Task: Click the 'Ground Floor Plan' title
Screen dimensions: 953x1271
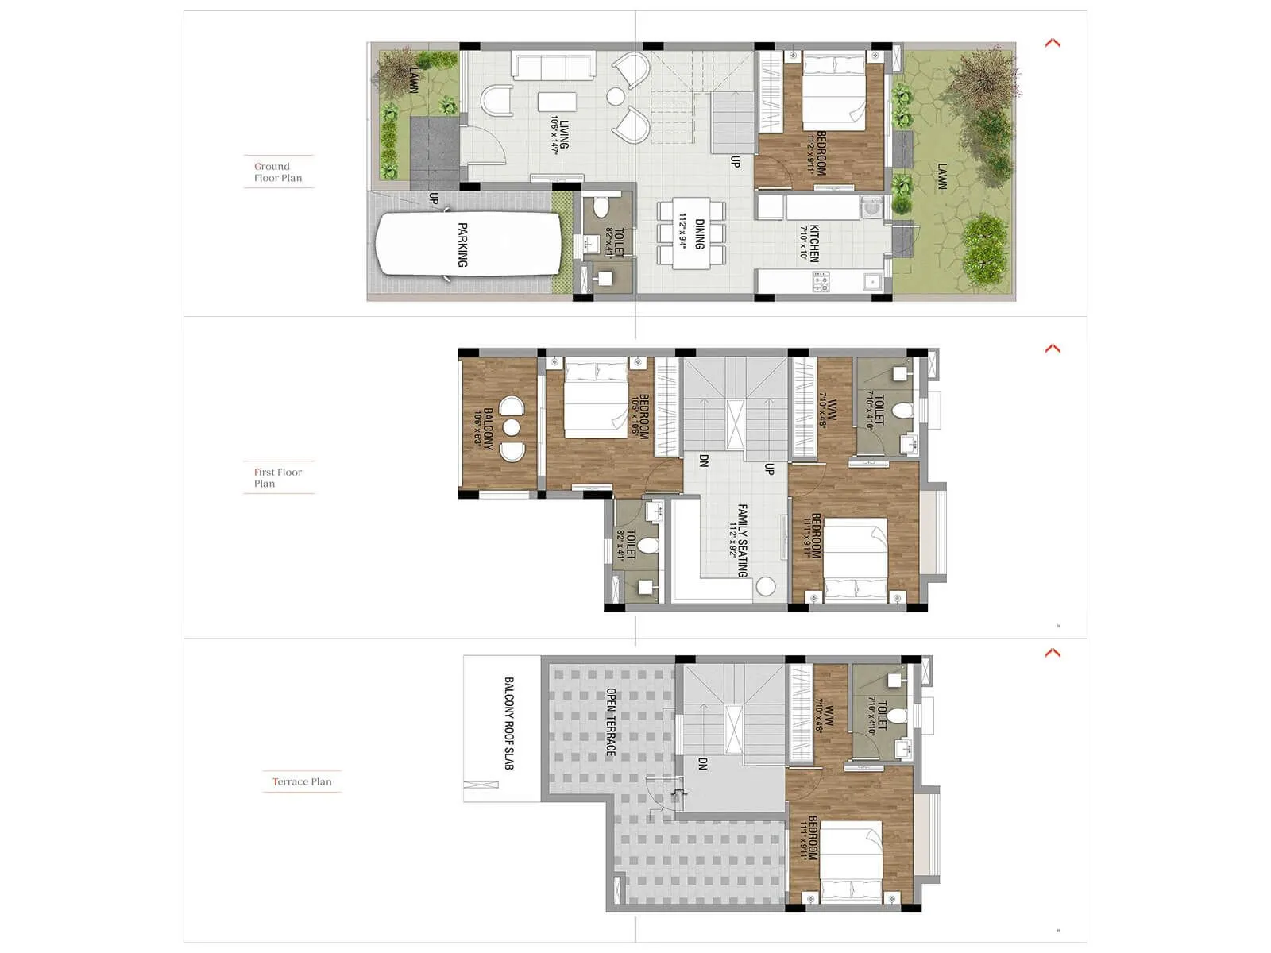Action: pyautogui.click(x=278, y=172)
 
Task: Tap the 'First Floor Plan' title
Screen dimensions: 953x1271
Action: pyautogui.click(x=277, y=477)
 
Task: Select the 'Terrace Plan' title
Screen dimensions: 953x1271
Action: pyautogui.click(x=302, y=781)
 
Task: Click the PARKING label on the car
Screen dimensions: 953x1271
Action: pyautogui.click(x=462, y=245)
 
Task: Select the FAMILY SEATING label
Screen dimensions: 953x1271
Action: pyautogui.click(x=743, y=540)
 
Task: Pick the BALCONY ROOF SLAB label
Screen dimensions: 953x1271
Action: pyautogui.click(x=509, y=723)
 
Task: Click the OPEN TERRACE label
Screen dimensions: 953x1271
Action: pyautogui.click(x=611, y=722)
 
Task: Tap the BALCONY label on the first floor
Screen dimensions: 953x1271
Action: pyautogui.click(x=488, y=429)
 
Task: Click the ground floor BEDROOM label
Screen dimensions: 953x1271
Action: pyautogui.click(x=821, y=153)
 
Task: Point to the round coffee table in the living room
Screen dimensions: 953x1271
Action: pyautogui.click(x=616, y=97)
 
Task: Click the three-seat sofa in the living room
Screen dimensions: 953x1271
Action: pyautogui.click(x=554, y=65)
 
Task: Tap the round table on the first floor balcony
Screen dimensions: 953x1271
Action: pyautogui.click(x=511, y=428)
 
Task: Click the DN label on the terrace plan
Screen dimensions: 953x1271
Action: pyautogui.click(x=702, y=764)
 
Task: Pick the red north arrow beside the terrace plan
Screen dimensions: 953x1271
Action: pyautogui.click(x=1053, y=653)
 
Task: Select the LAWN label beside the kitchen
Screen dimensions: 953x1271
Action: pyautogui.click(x=942, y=176)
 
